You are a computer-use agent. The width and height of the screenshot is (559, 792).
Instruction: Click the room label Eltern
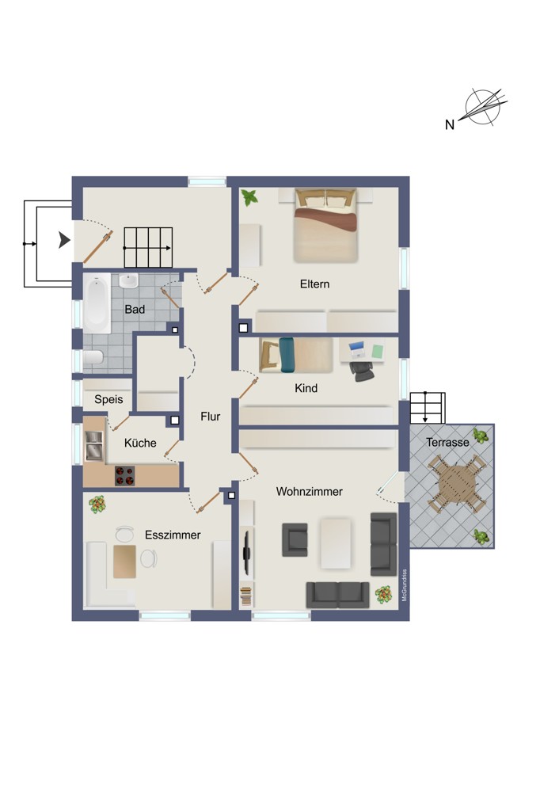coord(314,284)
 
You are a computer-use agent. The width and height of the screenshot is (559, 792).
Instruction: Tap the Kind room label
coord(306,388)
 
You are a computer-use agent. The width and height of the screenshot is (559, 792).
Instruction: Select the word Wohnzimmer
coord(309,492)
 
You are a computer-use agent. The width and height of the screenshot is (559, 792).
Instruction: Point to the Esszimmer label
coord(173,535)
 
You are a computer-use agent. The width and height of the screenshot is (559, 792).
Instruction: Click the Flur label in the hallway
coord(210,417)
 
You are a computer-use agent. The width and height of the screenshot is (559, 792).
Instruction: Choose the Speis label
coord(108,399)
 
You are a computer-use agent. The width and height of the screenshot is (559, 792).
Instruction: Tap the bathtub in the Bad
coord(97,303)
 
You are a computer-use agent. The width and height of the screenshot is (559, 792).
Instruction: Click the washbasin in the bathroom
coord(129,281)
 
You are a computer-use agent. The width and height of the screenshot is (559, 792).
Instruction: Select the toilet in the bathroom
coord(93,357)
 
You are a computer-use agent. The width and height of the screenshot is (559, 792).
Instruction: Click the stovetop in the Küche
coord(125,475)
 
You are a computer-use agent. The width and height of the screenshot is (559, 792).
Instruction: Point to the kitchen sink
coord(94,445)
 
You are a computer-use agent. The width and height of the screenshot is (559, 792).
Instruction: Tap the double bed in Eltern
coord(326,225)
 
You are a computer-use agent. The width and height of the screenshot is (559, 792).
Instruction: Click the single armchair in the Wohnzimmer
coord(295,540)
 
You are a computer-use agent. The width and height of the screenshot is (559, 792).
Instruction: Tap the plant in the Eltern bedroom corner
coord(249,197)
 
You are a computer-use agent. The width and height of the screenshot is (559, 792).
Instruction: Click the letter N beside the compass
coord(450,124)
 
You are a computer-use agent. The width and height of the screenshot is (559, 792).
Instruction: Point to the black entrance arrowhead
coord(63,240)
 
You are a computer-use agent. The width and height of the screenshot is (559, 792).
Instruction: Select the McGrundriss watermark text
coord(404,585)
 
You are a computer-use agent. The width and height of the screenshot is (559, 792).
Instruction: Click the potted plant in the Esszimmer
coord(97,504)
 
